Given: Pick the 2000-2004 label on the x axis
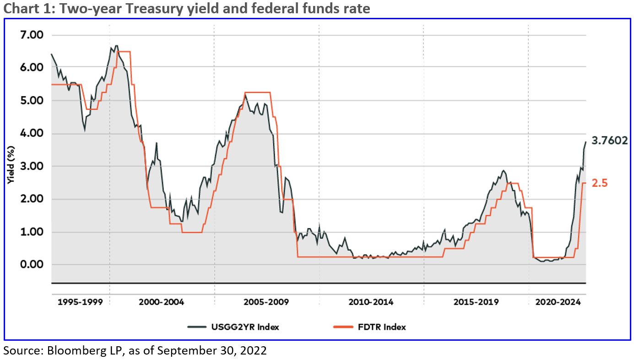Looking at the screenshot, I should [162, 302].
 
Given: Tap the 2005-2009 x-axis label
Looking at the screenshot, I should [266, 302].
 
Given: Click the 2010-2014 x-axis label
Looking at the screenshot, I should [371, 302].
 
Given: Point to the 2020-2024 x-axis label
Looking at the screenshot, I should [558, 302].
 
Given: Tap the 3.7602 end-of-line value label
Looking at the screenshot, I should [609, 141].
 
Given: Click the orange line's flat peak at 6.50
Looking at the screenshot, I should [124, 52].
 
